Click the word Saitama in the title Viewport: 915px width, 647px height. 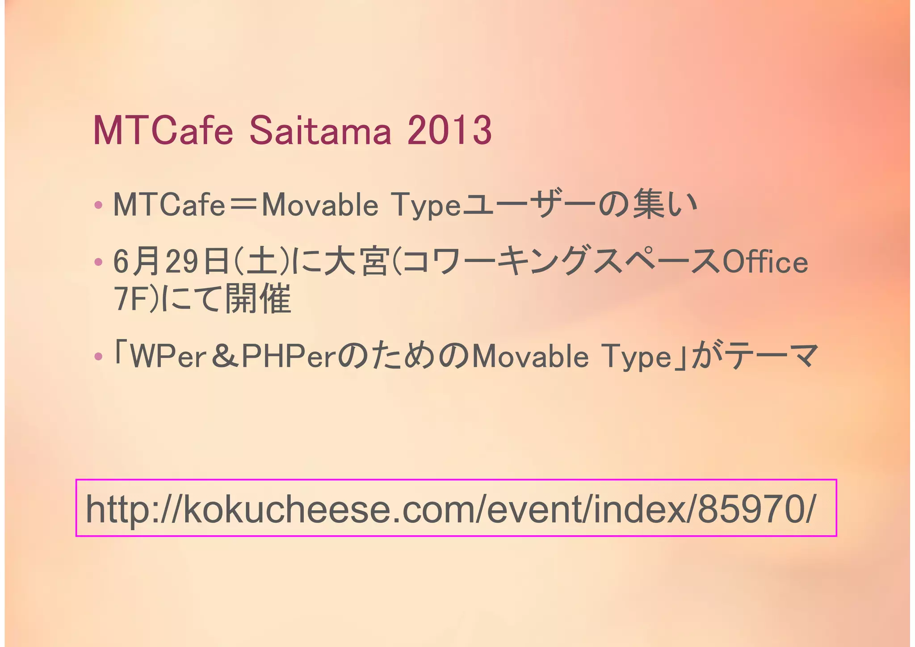(x=320, y=131)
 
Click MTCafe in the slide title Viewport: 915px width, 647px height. (x=163, y=131)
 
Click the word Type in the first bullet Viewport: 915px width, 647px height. (x=426, y=206)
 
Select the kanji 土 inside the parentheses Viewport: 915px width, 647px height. (x=262, y=262)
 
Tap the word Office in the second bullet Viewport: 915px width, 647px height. (x=765, y=262)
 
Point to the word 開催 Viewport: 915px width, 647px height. (x=258, y=299)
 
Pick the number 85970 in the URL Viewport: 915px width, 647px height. (x=751, y=509)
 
